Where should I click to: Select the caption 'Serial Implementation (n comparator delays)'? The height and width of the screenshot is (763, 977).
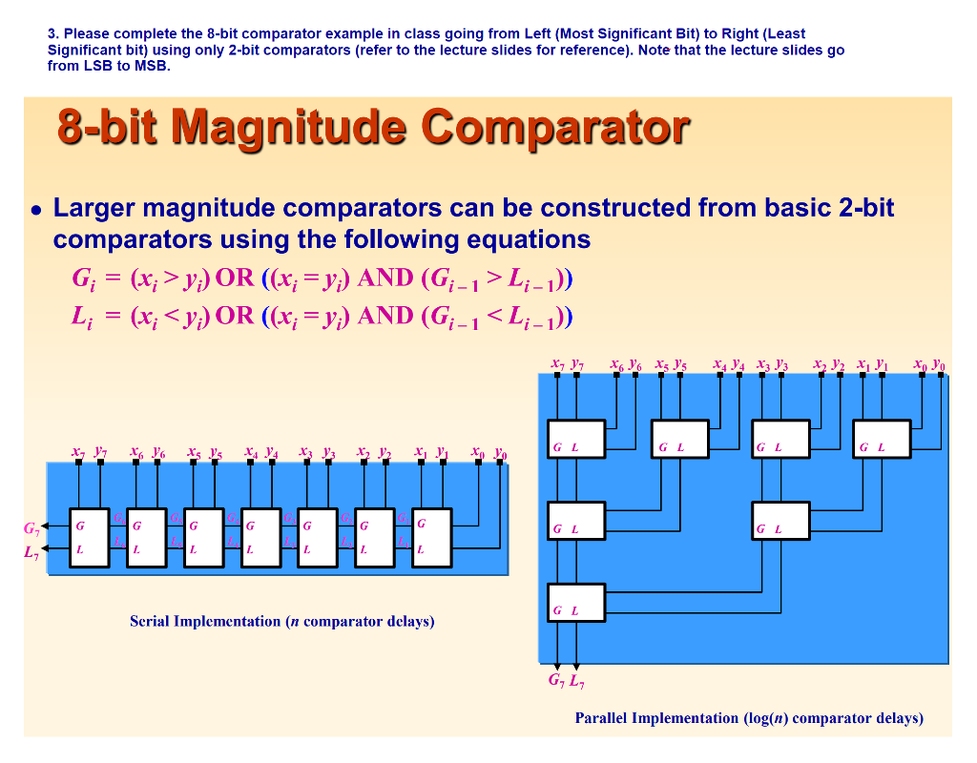pos(281,622)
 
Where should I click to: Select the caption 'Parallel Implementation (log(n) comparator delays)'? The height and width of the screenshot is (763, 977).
pos(748,718)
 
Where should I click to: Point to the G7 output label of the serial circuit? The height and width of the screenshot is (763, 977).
pos(31,527)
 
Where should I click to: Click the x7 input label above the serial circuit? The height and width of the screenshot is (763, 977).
pos(77,451)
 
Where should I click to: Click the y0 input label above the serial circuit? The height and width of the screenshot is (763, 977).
pos(501,451)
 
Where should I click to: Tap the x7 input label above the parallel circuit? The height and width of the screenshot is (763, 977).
pos(558,363)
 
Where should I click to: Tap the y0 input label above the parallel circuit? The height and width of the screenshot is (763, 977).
pos(941,363)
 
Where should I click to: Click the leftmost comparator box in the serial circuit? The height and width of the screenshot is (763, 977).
pos(90,537)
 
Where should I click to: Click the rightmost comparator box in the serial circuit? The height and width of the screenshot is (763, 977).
pos(432,537)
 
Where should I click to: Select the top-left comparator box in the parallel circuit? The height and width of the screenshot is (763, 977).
pos(576,439)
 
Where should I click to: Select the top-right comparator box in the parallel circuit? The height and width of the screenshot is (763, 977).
pos(882,439)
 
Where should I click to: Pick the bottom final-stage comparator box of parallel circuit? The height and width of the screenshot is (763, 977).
pos(576,602)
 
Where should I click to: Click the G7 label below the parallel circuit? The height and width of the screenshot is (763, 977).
pos(555,682)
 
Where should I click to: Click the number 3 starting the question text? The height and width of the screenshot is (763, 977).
pos(51,33)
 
